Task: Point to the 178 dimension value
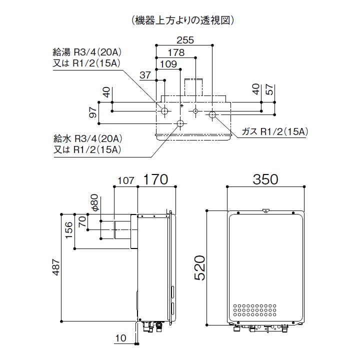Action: (x=175, y=52)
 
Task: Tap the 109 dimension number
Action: (x=167, y=63)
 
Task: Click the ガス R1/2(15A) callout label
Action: (x=274, y=131)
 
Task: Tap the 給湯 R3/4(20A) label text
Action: (x=87, y=51)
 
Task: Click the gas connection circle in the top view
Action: (x=212, y=114)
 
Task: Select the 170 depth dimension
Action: (x=156, y=179)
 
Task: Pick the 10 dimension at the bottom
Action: (x=120, y=338)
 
